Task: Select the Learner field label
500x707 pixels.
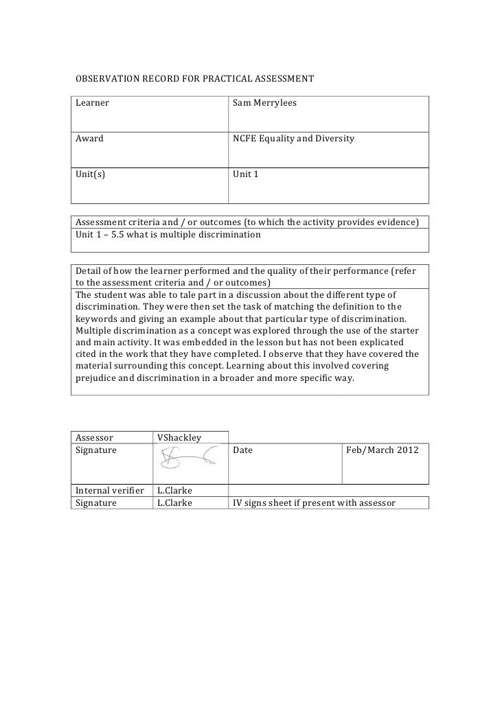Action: point(93,103)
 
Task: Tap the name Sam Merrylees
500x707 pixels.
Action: point(265,103)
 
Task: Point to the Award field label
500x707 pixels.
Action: point(89,138)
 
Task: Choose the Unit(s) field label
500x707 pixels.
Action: point(91,174)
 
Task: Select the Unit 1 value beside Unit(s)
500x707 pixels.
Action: point(246,174)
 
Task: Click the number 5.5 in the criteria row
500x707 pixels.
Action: point(119,235)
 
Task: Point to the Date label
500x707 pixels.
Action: point(243,450)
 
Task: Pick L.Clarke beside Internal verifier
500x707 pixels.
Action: point(174,491)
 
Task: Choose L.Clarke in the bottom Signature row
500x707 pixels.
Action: point(174,502)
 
